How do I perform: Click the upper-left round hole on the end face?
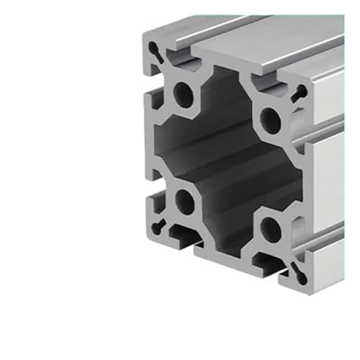tap(184, 94)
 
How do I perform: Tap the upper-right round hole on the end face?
tap(271, 119)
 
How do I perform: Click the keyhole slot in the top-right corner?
tap(299, 91)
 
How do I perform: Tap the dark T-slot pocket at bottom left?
tap(186, 235)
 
